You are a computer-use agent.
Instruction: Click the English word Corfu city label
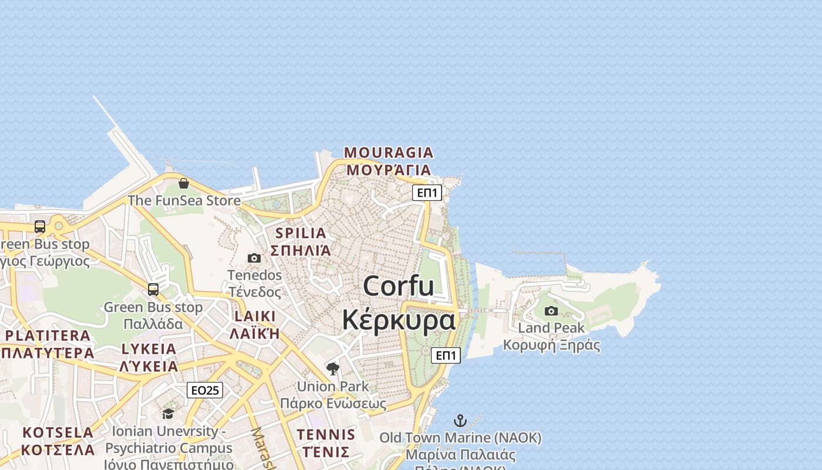(399, 286)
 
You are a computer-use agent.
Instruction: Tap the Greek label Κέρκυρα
(399, 320)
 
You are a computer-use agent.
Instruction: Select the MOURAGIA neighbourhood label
(389, 153)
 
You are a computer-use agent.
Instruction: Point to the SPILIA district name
(301, 233)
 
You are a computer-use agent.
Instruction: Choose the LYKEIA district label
(149, 349)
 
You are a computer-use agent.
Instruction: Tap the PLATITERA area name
(48, 335)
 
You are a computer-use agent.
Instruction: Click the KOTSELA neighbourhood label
(58, 432)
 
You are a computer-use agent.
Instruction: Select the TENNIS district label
(326, 435)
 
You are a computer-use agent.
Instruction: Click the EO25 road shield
(205, 390)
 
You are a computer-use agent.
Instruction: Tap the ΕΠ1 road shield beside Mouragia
(427, 193)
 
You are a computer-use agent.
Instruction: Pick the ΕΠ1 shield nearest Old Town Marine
(446, 355)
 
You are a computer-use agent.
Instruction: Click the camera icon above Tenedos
(254, 258)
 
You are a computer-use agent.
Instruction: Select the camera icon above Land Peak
(551, 311)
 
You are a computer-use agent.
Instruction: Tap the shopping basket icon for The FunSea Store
(184, 183)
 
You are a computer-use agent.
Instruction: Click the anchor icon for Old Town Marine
(460, 421)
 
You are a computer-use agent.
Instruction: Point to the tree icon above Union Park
(333, 369)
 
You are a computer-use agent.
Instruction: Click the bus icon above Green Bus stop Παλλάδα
(153, 290)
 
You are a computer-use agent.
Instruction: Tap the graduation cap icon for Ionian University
(169, 414)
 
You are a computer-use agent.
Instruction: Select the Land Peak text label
(551, 328)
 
